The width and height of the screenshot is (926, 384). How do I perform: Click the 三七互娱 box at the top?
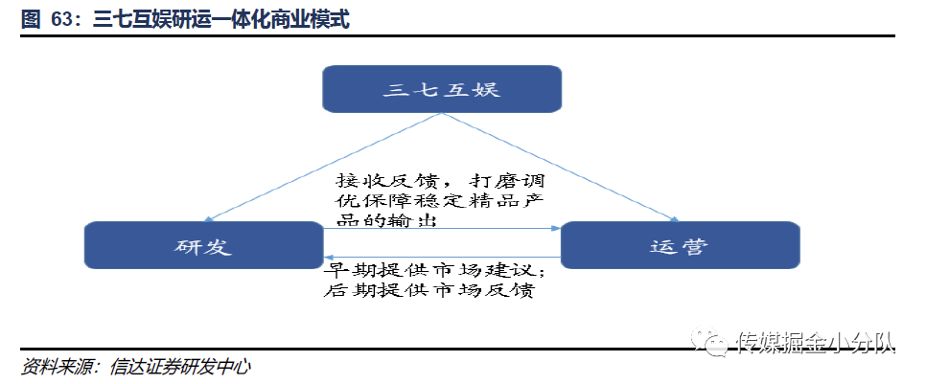(441, 89)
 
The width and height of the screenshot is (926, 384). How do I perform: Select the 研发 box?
(203, 245)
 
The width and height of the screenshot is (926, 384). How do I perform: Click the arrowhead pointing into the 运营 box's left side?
(555, 228)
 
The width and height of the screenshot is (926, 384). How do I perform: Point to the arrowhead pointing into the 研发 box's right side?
(329, 257)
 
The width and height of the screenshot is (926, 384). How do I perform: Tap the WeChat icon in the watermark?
(714, 340)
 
